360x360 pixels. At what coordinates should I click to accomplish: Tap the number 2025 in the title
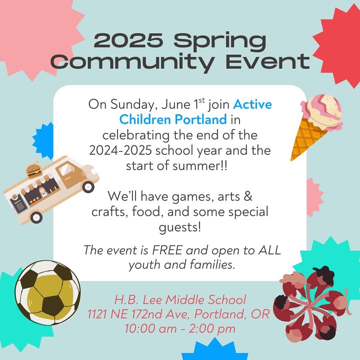[128, 39]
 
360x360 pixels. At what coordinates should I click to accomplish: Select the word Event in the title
[267, 61]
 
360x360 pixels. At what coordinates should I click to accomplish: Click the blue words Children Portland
[173, 119]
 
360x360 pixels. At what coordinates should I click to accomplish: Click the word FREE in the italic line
[167, 250]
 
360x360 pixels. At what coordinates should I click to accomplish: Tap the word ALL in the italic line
[269, 250]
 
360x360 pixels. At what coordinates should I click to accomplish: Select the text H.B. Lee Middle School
[180, 299]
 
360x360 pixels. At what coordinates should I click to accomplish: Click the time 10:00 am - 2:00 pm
[180, 328]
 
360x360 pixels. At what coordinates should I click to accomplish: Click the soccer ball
[48, 292]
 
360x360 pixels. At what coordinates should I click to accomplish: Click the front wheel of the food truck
[88, 187]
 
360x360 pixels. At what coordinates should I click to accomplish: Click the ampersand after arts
[247, 196]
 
